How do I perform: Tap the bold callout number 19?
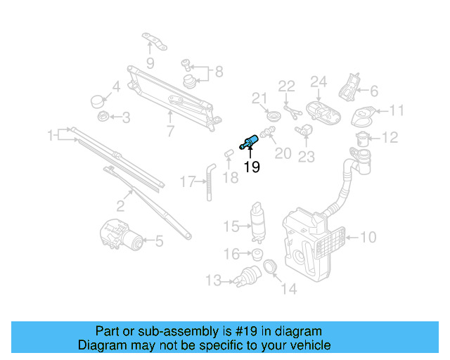(251, 167)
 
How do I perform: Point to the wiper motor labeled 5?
(120, 234)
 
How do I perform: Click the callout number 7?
(170, 131)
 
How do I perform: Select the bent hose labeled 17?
(209, 181)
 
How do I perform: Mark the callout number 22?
(286, 86)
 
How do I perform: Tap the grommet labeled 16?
(257, 254)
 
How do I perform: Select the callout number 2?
(120, 206)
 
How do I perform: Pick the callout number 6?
(373, 91)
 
